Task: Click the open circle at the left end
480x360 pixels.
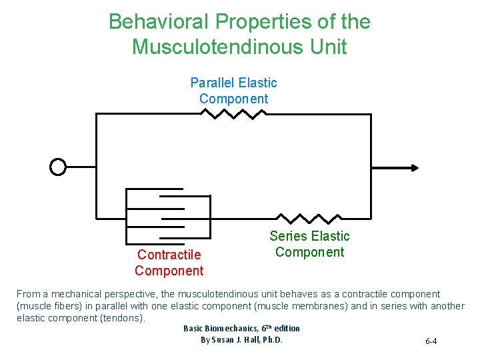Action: [59, 167]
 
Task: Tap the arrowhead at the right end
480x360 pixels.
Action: [415, 167]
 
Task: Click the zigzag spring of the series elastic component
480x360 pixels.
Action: [308, 218]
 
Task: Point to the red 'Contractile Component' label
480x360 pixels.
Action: [169, 263]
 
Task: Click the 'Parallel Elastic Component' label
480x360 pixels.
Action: [233, 91]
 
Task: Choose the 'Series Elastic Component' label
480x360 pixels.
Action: [309, 244]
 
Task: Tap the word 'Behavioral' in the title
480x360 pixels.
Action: [159, 22]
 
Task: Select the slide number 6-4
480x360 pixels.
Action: [431, 342]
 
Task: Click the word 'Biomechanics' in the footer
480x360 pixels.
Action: [231, 328]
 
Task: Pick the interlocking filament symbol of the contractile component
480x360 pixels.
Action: [168, 217]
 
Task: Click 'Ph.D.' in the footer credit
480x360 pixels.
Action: [273, 340]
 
